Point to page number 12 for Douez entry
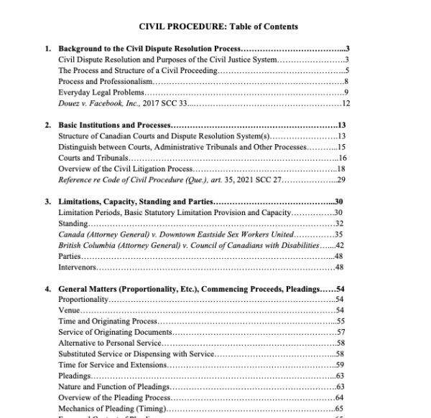tap(345, 104)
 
